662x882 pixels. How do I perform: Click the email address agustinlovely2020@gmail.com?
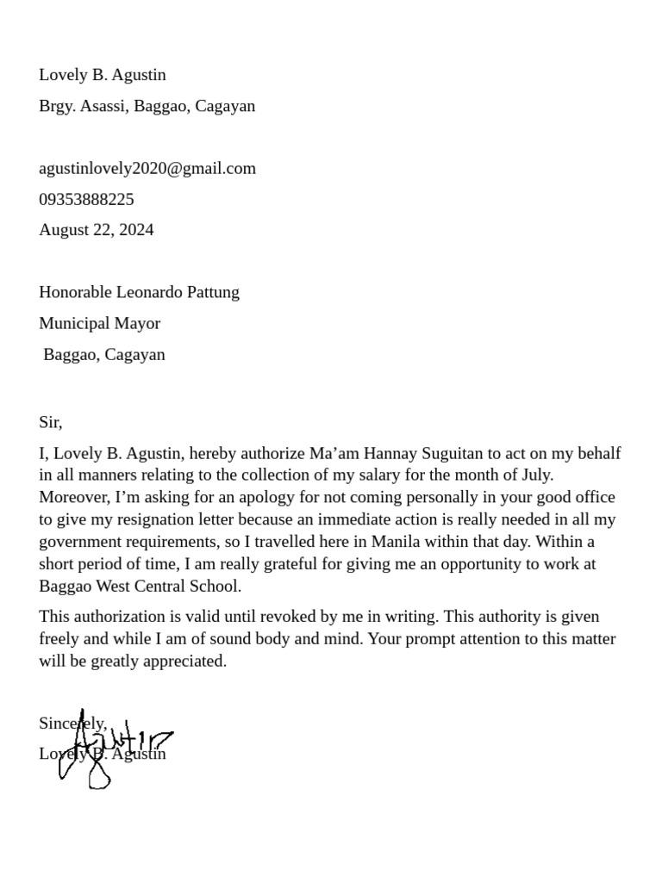tap(147, 168)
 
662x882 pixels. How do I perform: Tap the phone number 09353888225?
tap(86, 199)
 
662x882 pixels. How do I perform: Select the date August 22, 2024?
tap(97, 230)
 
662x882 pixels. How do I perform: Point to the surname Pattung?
tap(210, 292)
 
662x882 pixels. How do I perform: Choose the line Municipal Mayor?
tap(99, 323)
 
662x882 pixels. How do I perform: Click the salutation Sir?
tap(51, 422)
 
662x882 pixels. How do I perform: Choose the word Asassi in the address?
tap(103, 106)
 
